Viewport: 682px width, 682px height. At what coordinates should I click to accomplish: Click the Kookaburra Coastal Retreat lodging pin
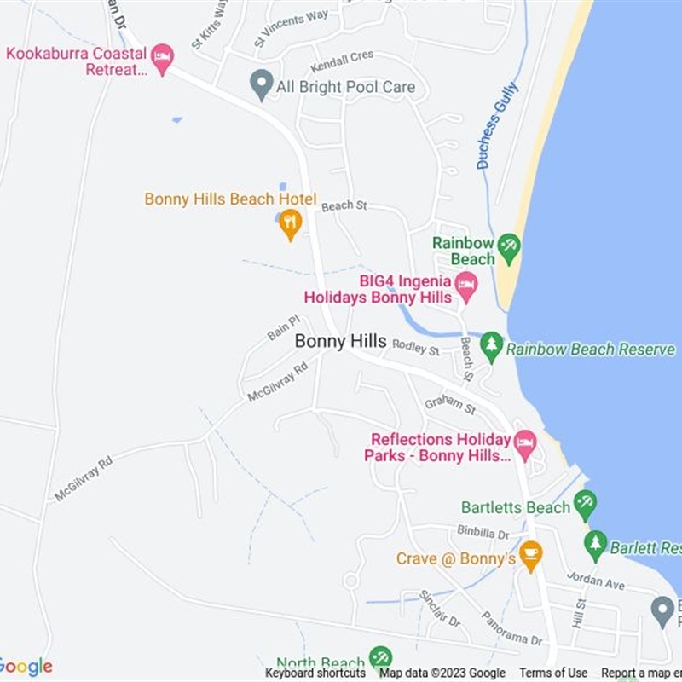[162, 58]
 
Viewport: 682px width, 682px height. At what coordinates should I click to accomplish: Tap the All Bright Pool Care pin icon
[261, 84]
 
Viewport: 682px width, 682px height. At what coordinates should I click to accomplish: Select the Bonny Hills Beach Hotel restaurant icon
[291, 223]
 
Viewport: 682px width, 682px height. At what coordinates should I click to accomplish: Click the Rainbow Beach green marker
[509, 248]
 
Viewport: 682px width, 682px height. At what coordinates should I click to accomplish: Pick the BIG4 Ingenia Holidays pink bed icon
[465, 286]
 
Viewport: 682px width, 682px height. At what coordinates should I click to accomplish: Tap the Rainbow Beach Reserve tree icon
[491, 346]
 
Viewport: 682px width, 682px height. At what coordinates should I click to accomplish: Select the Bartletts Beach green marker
[585, 504]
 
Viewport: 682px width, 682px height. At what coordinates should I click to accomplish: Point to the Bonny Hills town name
[340, 341]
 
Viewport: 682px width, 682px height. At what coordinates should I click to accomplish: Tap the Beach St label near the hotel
[344, 205]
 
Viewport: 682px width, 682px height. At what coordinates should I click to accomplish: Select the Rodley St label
[415, 348]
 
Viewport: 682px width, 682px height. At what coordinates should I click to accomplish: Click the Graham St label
[449, 403]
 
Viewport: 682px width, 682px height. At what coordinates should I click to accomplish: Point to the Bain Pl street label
[284, 327]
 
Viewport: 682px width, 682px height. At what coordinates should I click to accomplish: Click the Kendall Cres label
[342, 61]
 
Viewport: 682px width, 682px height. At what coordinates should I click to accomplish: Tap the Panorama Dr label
[511, 627]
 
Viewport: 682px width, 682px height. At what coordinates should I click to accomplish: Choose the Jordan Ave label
[596, 581]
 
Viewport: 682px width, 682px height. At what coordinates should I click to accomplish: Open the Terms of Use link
[553, 673]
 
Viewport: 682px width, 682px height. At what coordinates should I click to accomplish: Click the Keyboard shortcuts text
[315, 673]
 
